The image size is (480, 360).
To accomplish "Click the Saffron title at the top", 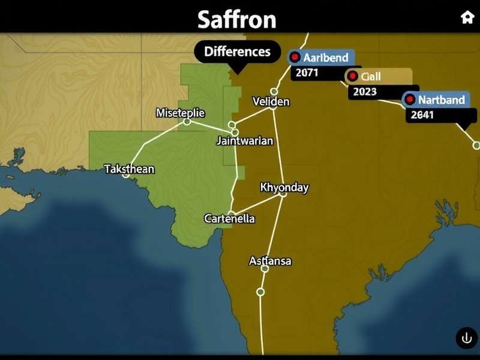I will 237,19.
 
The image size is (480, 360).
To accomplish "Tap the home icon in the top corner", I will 467,17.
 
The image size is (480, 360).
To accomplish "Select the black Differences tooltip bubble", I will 237,52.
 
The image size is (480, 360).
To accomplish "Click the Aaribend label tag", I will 322,58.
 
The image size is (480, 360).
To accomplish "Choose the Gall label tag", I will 378,76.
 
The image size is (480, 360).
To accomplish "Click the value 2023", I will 365,92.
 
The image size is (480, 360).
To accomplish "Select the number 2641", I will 422,115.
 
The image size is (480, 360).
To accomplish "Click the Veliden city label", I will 271,101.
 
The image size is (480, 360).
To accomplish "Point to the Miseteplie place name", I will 180,113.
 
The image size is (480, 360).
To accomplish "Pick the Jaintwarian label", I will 245,141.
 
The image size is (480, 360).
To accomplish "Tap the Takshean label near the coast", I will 129,169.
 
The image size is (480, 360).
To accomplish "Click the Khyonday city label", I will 284,187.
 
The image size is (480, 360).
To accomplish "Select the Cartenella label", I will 229,218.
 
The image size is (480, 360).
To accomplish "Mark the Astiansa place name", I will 270,261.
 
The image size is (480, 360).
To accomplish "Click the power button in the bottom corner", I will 467,338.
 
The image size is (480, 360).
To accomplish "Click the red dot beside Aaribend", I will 295,58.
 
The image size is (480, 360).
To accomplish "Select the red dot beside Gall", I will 353,76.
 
